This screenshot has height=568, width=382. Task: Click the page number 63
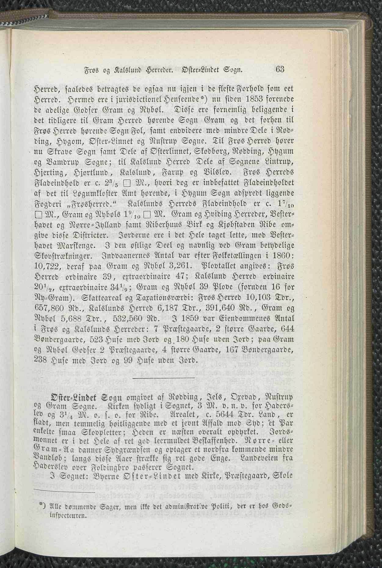pyautogui.click(x=279, y=69)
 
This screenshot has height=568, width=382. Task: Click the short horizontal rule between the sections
pyautogui.click(x=163, y=378)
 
